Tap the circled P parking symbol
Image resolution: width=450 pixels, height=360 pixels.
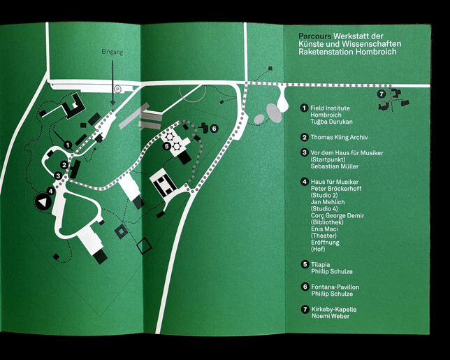(118, 89)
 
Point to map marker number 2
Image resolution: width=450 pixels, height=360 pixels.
(63, 165)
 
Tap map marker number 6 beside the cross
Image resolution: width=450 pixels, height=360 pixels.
(215, 129)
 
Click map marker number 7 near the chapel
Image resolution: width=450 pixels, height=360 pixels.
(381, 94)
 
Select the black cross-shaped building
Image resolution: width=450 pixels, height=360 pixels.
(203, 127)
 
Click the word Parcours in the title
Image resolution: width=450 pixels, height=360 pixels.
(314, 35)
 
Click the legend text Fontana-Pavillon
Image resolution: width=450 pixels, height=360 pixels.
(335, 287)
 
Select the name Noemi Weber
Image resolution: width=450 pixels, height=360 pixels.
(331, 317)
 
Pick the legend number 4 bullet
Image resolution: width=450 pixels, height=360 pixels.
(304, 182)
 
